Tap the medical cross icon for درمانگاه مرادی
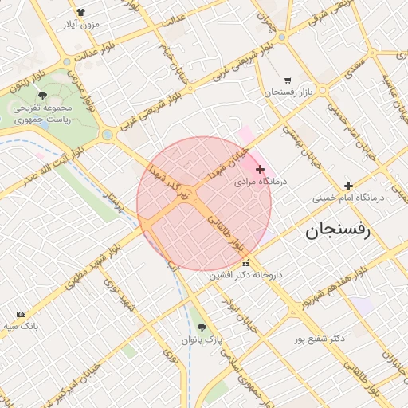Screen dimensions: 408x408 point(261,169)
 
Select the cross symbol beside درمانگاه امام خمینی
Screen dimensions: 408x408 point(348,186)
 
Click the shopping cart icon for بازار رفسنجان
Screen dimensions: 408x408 point(287,80)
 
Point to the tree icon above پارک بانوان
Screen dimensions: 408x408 point(202,327)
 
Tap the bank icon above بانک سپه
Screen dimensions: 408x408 point(21,314)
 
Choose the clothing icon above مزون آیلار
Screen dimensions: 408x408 point(80,12)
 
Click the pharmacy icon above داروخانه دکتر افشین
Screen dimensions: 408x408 point(245,263)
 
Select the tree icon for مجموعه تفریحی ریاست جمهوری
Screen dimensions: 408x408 point(42,96)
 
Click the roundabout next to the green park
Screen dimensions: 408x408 point(107,135)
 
